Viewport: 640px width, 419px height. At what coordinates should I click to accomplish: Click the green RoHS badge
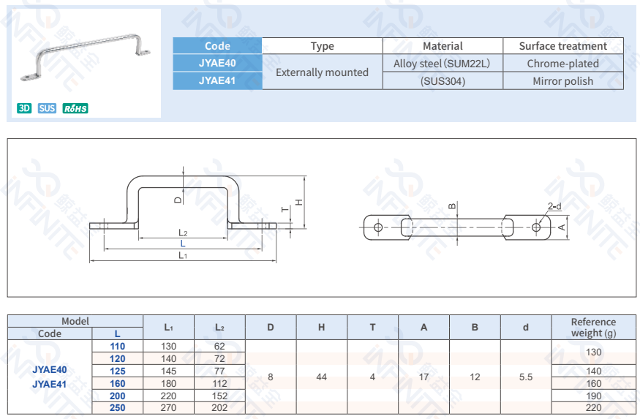click(x=75, y=108)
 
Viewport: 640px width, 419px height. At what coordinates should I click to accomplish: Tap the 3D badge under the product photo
click(x=24, y=108)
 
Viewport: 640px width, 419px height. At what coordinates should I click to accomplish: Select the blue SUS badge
click(x=47, y=108)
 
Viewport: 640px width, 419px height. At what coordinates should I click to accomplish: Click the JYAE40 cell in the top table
click(x=217, y=64)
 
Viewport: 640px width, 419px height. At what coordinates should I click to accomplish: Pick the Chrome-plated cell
click(x=562, y=64)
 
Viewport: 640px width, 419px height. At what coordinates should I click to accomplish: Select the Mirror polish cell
click(x=562, y=81)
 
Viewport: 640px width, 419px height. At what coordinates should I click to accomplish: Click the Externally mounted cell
click(x=322, y=72)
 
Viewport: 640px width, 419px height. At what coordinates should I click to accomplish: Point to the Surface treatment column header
click(x=562, y=46)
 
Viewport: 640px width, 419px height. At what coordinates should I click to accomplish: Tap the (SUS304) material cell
click(x=443, y=81)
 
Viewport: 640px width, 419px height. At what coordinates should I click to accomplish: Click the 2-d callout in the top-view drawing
click(x=554, y=206)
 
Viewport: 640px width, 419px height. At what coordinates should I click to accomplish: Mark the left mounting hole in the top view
click(x=378, y=227)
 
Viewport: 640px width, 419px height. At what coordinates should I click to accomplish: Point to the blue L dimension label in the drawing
click(x=183, y=244)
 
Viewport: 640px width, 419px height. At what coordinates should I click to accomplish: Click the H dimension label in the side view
click(x=298, y=202)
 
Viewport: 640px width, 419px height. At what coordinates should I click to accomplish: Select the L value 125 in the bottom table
click(x=117, y=371)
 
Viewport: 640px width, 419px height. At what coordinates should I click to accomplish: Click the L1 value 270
click(x=168, y=407)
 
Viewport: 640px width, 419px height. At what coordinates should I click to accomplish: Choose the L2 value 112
click(x=219, y=383)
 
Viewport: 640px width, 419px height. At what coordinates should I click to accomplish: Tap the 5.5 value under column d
click(x=525, y=377)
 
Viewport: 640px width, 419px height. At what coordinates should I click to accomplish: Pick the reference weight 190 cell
click(x=593, y=396)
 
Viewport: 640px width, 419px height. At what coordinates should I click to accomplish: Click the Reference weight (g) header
click(x=593, y=327)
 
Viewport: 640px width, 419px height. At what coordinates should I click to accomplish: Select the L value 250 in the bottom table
click(x=117, y=407)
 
